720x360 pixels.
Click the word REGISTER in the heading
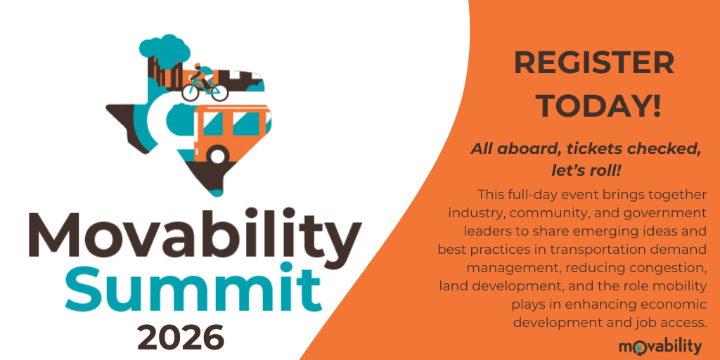click(594, 64)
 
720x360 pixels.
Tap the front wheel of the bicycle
click(216, 90)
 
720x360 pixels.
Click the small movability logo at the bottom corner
click(660, 345)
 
